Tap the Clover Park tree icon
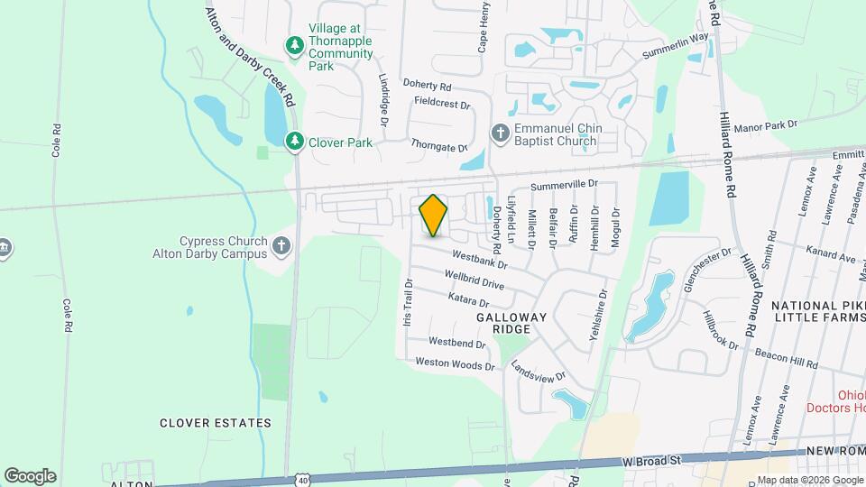[x=294, y=142]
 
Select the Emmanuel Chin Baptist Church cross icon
[x=501, y=133]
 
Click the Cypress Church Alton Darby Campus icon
[x=281, y=246]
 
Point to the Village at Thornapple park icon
[x=294, y=45]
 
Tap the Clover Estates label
[x=216, y=423]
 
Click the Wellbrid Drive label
[x=474, y=280]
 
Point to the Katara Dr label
[x=468, y=299]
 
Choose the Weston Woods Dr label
[x=455, y=364]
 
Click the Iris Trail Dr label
[x=408, y=303]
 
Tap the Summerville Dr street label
[x=565, y=184]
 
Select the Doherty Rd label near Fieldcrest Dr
[x=427, y=85]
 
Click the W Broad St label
[x=651, y=461]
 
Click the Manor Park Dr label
[x=768, y=126]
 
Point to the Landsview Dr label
[x=538, y=370]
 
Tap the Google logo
[x=30, y=476]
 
